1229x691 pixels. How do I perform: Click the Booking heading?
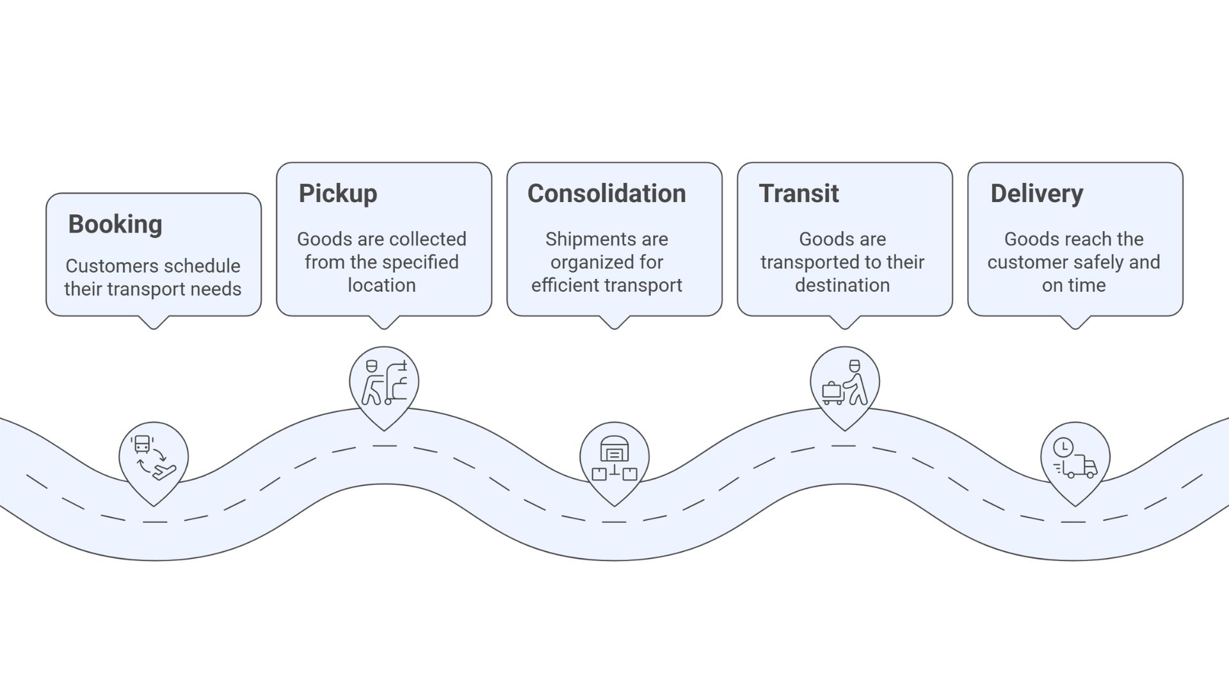tap(115, 225)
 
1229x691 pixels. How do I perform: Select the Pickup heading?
tap(338, 194)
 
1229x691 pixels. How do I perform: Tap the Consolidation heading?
tap(606, 194)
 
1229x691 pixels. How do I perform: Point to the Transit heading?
tap(798, 194)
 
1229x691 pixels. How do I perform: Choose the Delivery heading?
tap(1036, 194)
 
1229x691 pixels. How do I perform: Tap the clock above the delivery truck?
tap(1063, 447)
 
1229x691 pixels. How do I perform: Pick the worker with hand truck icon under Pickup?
tap(384, 383)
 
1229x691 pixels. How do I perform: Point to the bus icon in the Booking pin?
tap(142, 444)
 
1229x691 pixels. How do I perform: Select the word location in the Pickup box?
tap(382, 285)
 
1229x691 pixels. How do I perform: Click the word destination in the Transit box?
tap(842, 285)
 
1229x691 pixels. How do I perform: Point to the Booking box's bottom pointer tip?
tap(154, 328)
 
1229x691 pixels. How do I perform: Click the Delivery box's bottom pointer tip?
tap(1075, 328)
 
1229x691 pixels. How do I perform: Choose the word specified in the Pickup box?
tap(420, 262)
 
